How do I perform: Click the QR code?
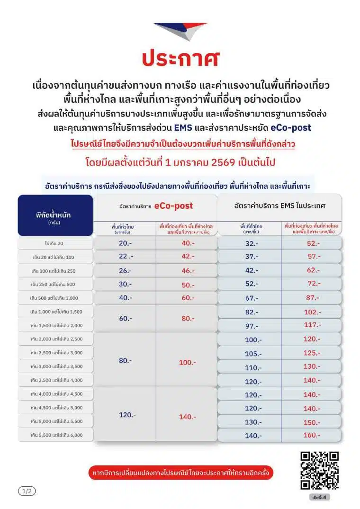pyautogui.click(x=320, y=470)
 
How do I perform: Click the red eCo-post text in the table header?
pyautogui.click(x=173, y=206)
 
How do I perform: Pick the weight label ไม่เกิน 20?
pyautogui.click(x=55, y=243)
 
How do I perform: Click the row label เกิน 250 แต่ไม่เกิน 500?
pyautogui.click(x=55, y=284)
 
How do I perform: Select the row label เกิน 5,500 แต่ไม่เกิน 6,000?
pyautogui.click(x=55, y=435)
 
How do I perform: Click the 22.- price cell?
pyautogui.click(x=125, y=257)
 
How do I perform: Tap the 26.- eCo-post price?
pyautogui.click(x=125, y=271)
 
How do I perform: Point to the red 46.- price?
pyautogui.click(x=187, y=271)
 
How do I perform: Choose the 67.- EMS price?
pyautogui.click(x=251, y=298)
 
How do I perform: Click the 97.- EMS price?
pyautogui.click(x=251, y=326)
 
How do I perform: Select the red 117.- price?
pyautogui.click(x=312, y=325)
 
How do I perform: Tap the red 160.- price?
pyautogui.click(x=312, y=435)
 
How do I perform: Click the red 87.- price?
pyautogui.click(x=312, y=297)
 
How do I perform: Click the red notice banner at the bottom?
pyautogui.click(x=181, y=473)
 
